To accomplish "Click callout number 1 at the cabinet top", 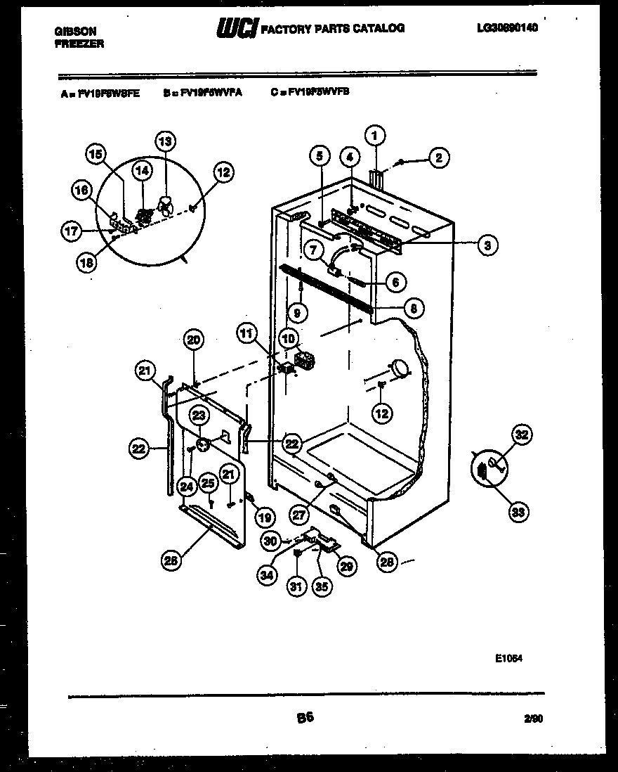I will (375, 135).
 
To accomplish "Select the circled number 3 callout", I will (486, 245).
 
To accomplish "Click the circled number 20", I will (193, 340).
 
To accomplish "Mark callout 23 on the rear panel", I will (199, 415).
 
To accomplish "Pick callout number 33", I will (518, 512).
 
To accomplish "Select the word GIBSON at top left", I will (75, 32).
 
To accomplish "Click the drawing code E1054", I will (508, 659).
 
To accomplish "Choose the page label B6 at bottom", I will (305, 718).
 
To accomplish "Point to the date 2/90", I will (533, 719).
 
